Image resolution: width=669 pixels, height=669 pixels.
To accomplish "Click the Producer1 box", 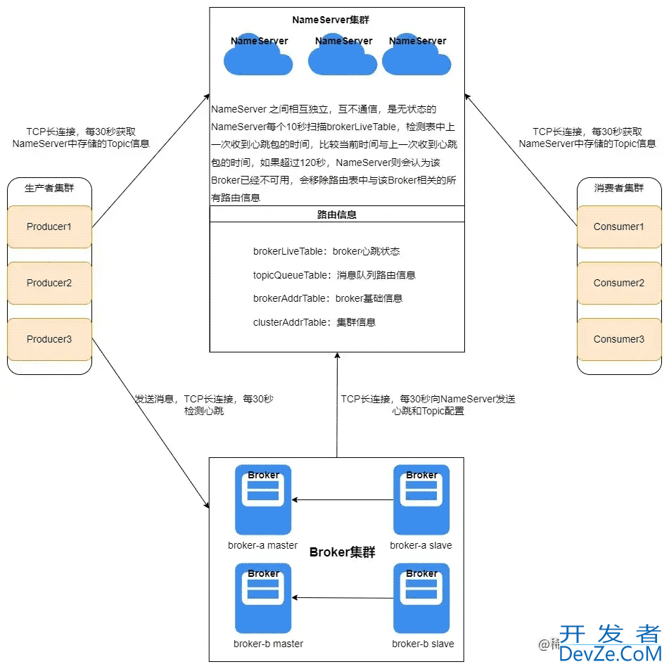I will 49,227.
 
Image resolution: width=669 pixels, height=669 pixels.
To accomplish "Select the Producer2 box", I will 49,283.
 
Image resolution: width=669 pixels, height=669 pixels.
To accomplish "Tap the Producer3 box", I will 49,339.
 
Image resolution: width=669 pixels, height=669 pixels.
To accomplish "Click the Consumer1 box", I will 618,227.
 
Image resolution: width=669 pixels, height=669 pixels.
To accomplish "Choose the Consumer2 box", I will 618,283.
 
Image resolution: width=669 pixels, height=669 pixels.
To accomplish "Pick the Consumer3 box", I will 618,339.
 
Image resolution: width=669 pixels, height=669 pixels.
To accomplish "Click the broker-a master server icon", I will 263,499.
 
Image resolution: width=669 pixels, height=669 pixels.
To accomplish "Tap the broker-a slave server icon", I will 421,499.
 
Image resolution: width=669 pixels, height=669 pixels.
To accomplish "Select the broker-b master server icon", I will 263,598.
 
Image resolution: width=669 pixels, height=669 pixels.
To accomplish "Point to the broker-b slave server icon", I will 421,598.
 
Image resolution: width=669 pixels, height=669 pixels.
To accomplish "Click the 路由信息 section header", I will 337,215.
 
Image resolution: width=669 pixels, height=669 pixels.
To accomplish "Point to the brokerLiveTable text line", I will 326,251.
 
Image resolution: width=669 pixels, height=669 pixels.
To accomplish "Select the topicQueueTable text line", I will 334,275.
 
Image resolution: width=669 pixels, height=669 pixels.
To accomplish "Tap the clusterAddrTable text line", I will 314,322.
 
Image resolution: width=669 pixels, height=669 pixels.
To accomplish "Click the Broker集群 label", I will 343,552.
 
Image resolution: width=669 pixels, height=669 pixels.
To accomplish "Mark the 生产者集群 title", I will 49,188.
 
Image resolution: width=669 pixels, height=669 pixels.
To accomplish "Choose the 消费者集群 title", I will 619,188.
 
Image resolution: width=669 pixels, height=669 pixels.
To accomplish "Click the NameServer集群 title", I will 331,20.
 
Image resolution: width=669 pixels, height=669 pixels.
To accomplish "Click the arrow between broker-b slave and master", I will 343,598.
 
